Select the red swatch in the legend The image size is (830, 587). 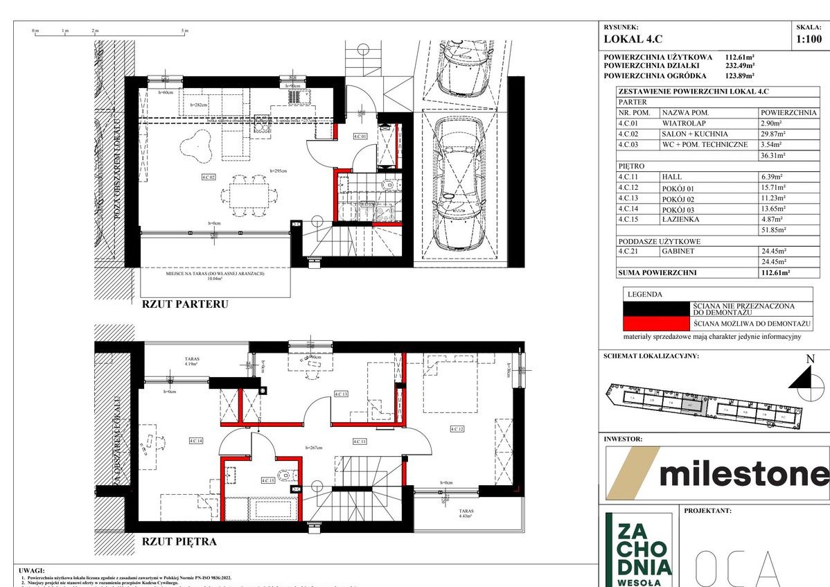coord(657,324)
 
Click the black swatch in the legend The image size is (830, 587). coord(657,309)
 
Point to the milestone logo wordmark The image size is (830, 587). coord(743,474)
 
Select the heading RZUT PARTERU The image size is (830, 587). coord(185,304)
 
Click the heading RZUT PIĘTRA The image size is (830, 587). coord(179,541)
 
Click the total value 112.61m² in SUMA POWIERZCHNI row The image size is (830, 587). coord(775,273)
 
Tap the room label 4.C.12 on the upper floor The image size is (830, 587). coord(457,430)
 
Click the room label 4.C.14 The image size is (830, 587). coord(195,440)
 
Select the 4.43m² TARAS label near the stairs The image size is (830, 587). coord(464,514)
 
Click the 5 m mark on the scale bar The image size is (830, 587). coord(184,30)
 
